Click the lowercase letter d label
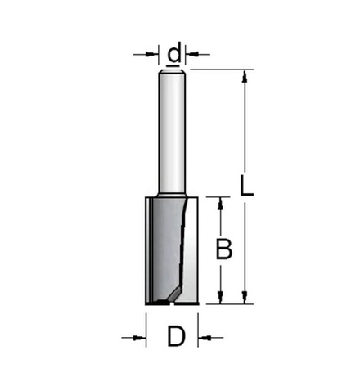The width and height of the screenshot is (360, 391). pyautogui.click(x=173, y=54)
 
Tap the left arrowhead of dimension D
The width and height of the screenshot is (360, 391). pyautogui.click(x=140, y=335)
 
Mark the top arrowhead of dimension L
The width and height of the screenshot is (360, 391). pyautogui.click(x=244, y=75)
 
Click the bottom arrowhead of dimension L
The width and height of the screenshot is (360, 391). pyautogui.click(x=244, y=299)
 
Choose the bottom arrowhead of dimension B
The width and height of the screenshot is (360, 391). pyautogui.click(x=219, y=299)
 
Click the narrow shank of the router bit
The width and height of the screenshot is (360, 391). pyautogui.click(x=173, y=131)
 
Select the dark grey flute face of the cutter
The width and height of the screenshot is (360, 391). pyautogui.click(x=164, y=245)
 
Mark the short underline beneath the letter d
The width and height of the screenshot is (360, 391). pyautogui.click(x=173, y=65)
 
